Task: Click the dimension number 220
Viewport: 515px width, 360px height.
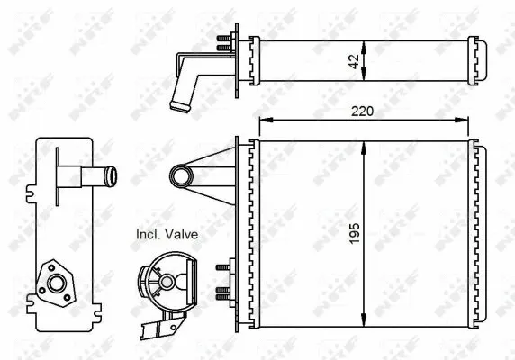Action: coord(362,112)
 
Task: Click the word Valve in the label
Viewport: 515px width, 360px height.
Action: coord(181,234)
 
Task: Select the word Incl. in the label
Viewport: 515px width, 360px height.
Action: coord(147,234)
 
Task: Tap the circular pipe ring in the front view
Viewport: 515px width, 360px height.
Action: coord(180,174)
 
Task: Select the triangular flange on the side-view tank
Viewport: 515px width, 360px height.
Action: coord(56,283)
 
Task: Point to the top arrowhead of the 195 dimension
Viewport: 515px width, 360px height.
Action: coord(363,145)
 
